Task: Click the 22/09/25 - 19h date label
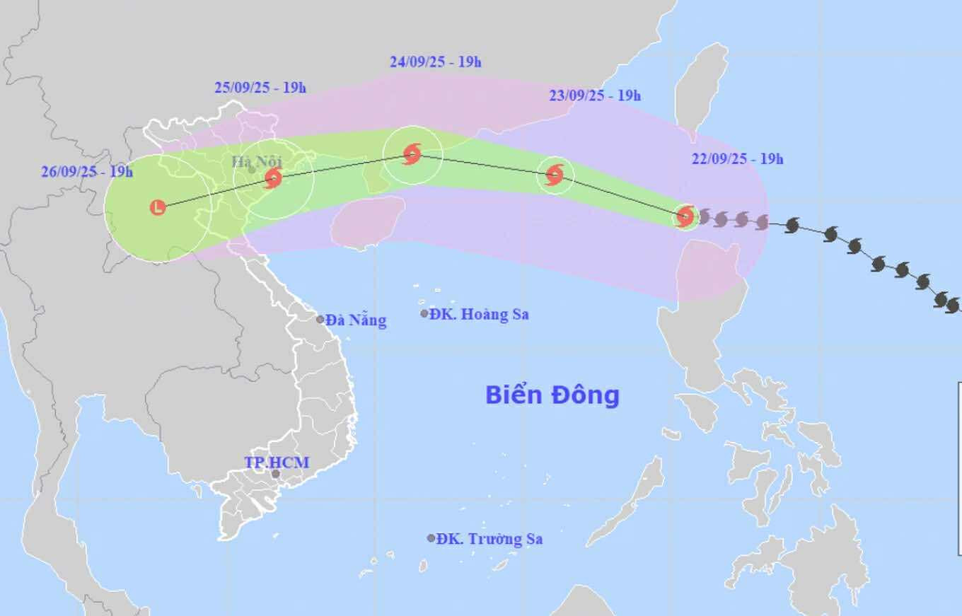(738, 159)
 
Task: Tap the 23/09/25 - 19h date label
(595, 95)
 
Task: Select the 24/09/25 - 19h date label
(435, 62)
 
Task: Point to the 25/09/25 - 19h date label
(260, 88)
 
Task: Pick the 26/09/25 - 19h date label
(87, 171)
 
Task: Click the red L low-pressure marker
(158, 207)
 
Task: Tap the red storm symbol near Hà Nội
(273, 178)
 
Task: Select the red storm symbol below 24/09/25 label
(412, 153)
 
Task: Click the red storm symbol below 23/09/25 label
(555, 174)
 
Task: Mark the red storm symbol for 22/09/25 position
(685, 216)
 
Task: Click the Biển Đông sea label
(552, 395)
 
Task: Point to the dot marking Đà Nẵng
(320, 320)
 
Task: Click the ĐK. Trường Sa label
(489, 539)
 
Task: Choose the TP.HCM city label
(277, 463)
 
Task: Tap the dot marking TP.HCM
(275, 474)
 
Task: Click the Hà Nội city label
(257, 161)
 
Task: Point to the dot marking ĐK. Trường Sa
(431, 538)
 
